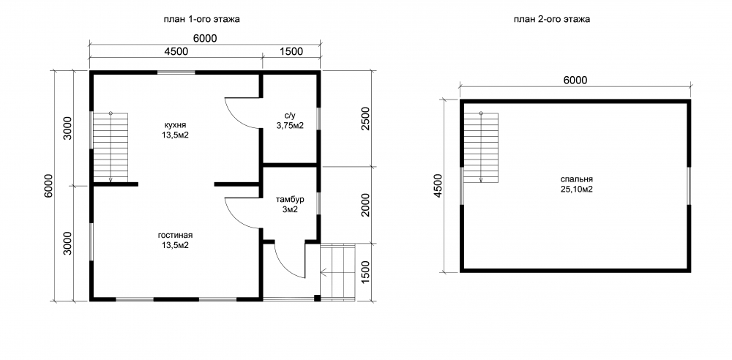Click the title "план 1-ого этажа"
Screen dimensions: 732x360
pos(202,19)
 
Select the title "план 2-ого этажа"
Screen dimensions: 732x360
pos(552,19)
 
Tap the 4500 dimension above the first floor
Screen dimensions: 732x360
pos(176,51)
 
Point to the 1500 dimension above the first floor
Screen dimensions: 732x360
pos(292,51)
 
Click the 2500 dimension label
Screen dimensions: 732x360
pos(365,119)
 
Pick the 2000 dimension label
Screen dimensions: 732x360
pos(365,205)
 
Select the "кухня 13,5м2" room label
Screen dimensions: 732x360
pos(176,130)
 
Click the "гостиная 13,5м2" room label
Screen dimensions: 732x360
pos(176,240)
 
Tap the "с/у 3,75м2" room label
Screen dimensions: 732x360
pos(290,120)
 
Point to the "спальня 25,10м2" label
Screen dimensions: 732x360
pos(577,184)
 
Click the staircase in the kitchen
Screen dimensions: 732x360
pos(111,146)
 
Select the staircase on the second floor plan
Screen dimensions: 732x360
pos(482,146)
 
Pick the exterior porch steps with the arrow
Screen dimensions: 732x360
pos(338,271)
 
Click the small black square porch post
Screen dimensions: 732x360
pos(317,298)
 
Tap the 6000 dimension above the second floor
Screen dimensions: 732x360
pos(575,80)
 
